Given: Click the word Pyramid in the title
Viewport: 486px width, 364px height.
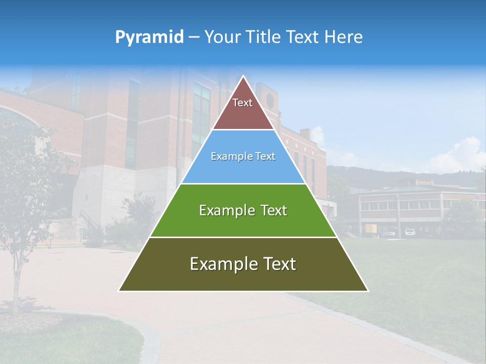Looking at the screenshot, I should [149, 37].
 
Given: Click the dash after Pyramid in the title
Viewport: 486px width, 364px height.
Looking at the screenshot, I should [193, 37].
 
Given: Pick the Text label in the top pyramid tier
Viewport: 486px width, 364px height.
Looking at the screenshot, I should [242, 103].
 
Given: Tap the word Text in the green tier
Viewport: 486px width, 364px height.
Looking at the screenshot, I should [270, 210].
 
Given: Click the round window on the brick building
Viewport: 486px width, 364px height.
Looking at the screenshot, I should [270, 101].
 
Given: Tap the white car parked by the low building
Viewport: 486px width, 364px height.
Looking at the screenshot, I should [410, 232].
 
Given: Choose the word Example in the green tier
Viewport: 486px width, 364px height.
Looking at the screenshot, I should [225, 210].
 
